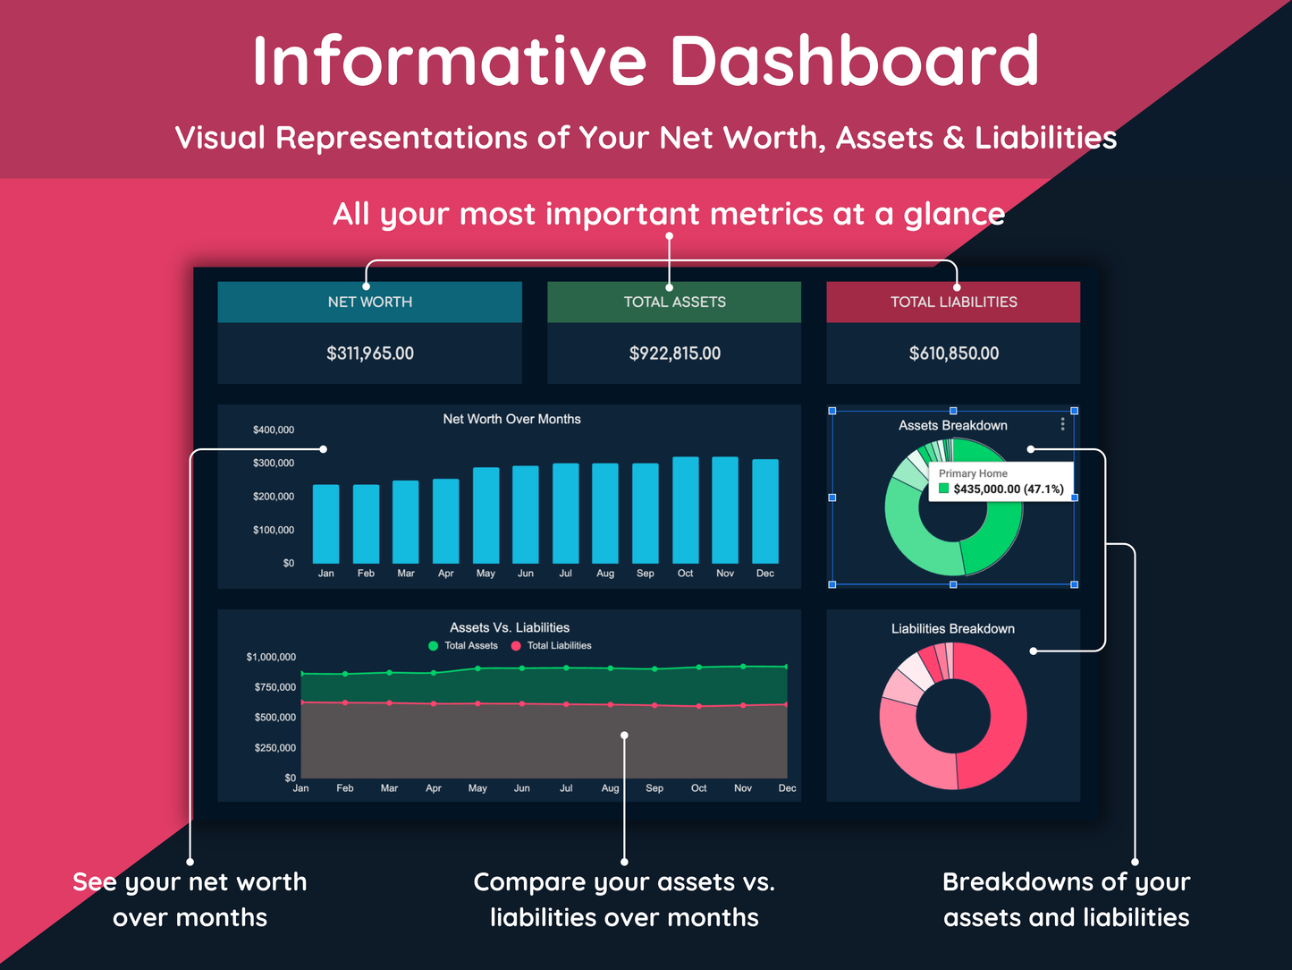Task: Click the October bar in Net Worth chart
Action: click(x=685, y=510)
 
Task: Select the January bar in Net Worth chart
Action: click(x=325, y=524)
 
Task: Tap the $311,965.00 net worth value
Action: click(x=370, y=353)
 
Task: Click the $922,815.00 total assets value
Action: click(x=674, y=353)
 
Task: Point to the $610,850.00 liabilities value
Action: click(x=953, y=353)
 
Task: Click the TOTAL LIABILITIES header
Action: click(x=953, y=302)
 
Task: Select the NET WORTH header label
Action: click(x=370, y=302)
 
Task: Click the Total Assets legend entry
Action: click(x=463, y=645)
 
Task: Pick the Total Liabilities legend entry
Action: click(x=552, y=645)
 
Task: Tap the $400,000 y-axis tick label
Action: click(x=274, y=430)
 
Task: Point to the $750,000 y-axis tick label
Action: click(x=274, y=687)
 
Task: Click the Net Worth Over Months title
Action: click(x=511, y=420)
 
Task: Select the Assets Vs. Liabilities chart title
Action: click(x=510, y=628)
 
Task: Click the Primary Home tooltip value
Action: click(x=1009, y=489)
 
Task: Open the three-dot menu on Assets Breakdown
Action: click(x=1062, y=424)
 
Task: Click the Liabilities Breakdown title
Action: click(x=953, y=629)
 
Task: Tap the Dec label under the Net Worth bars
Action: click(x=765, y=573)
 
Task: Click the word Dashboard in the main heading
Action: click(x=855, y=61)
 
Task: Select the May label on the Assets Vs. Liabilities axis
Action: click(x=477, y=788)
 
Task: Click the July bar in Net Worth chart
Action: click(x=565, y=514)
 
